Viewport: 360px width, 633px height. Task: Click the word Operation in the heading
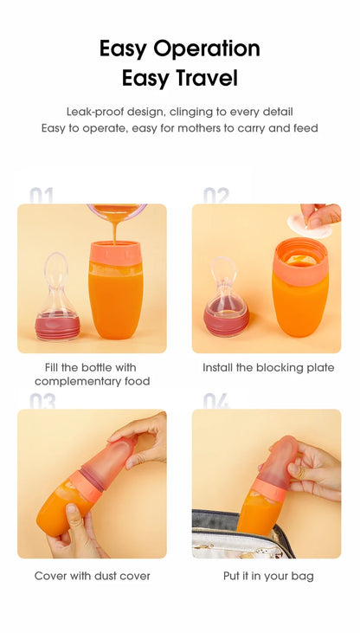206,49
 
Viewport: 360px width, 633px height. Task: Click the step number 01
42,196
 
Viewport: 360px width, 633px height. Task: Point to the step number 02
216,196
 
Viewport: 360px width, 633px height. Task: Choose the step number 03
42,401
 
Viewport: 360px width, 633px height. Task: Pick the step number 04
216,401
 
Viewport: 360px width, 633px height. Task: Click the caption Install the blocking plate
268,368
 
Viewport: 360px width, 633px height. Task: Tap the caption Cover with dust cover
93,576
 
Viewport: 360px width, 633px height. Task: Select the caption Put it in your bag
268,576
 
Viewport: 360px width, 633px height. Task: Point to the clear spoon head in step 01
56,268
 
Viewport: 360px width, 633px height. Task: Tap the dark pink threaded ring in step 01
57,327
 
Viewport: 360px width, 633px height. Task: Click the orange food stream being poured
114,230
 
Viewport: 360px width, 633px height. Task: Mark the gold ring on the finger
301,472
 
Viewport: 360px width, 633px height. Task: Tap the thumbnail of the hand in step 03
72,509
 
